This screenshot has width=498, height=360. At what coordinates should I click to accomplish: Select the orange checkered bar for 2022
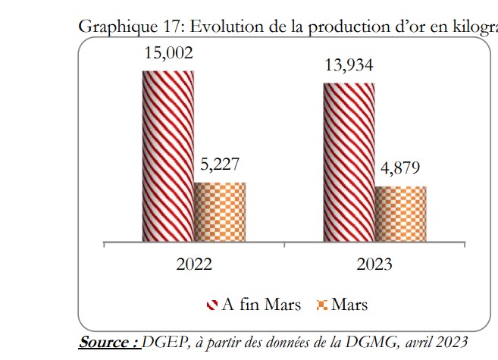point(220,213)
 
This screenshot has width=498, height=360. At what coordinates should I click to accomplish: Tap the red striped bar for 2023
point(349,163)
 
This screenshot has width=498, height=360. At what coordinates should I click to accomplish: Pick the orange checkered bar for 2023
point(400,215)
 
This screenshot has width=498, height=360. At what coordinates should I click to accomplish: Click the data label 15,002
point(168,53)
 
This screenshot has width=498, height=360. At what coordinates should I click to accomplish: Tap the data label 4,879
point(399,168)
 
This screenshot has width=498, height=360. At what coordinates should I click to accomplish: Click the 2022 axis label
point(194,265)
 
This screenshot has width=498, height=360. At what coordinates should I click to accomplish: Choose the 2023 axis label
point(374,265)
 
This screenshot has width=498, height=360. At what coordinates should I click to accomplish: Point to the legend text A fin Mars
point(261,305)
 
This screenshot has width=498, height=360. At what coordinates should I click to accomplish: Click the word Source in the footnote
point(107,342)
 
